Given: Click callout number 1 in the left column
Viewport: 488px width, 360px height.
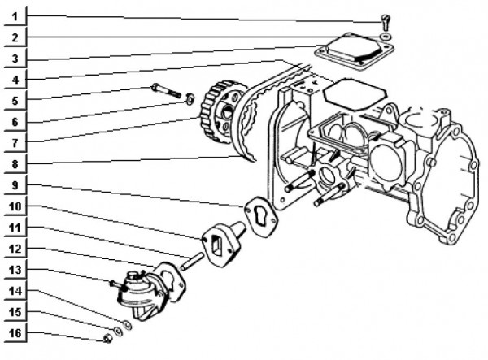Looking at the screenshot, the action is click(x=15, y=16).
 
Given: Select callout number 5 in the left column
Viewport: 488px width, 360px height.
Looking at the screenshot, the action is click(x=15, y=101).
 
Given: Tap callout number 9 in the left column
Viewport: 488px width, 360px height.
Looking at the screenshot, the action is click(x=15, y=185).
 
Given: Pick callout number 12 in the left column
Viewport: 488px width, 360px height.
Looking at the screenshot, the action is click(x=15, y=249).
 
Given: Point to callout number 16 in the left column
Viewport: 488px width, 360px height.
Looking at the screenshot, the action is click(x=15, y=333).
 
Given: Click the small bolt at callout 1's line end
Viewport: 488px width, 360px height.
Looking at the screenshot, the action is click(x=386, y=23).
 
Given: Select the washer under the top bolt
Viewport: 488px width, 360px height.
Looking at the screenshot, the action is click(x=386, y=37).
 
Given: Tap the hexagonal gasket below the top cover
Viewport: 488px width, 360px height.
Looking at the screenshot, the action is click(x=355, y=94).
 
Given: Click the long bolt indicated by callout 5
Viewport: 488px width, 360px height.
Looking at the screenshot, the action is click(x=167, y=90).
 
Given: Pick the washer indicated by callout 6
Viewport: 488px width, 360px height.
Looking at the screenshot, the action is click(x=190, y=99).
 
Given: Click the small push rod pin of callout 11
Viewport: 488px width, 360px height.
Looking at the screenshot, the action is click(x=192, y=262).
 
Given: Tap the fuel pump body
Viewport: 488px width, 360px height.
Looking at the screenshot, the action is click(x=144, y=295).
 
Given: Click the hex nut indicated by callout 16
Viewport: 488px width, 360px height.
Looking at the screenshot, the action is click(x=107, y=338).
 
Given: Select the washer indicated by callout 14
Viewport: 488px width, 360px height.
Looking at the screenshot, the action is click(x=128, y=325).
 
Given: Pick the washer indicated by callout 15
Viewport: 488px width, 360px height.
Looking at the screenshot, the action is click(x=118, y=332).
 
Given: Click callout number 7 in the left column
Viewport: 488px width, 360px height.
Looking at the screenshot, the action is click(x=15, y=143).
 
